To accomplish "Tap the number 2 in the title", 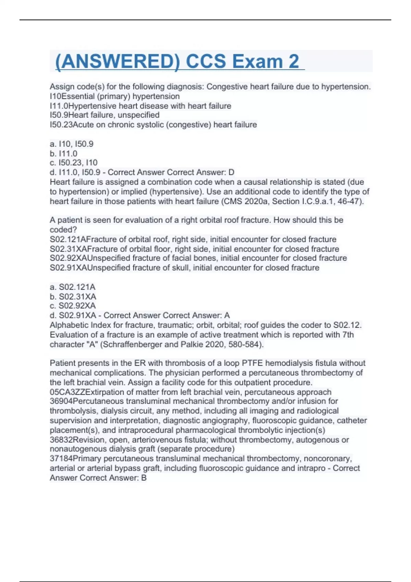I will coord(294,62).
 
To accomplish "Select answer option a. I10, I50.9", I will coord(72,144).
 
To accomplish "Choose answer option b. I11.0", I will coord(64,153).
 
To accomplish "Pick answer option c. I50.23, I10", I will coord(74,163).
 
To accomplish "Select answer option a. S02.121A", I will coord(73,287).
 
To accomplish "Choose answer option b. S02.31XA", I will coord(73,296).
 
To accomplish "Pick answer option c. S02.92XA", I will coord(73,306).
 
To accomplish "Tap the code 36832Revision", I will coord(78,440).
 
